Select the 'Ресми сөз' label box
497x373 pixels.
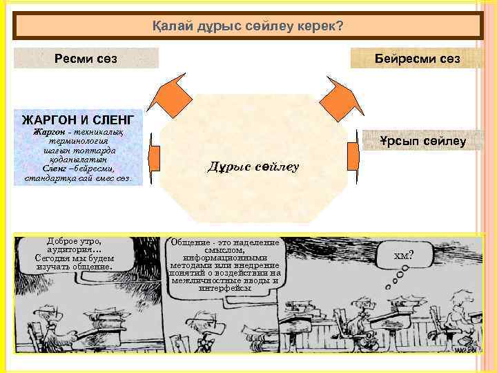86,59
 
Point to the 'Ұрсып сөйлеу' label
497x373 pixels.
422,142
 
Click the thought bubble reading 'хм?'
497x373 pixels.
403,256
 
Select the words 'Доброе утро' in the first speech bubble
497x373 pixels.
74,242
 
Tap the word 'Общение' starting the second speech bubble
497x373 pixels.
188,242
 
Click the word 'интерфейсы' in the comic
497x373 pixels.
224,289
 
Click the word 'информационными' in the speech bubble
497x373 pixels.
224,258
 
